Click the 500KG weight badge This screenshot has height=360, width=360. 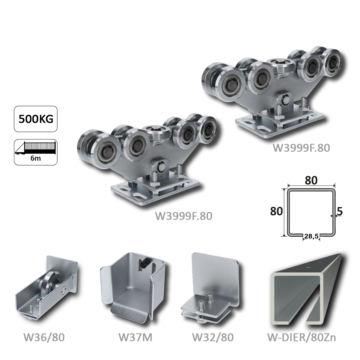(x=36, y=119)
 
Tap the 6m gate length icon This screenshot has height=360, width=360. (x=36, y=152)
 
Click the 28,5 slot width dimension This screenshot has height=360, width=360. (x=311, y=236)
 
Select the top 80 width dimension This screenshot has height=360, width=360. (x=311, y=181)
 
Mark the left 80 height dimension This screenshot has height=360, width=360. (x=277, y=212)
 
